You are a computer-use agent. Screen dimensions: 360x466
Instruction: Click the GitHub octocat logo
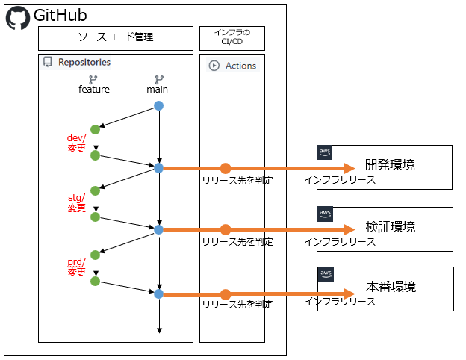[x=18, y=17]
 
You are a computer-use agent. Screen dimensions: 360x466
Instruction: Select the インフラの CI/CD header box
[x=232, y=37]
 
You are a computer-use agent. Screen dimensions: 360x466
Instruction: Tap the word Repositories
[x=84, y=63]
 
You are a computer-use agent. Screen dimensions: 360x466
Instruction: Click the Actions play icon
[x=214, y=66]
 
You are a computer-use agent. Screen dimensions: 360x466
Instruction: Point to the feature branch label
[x=94, y=90]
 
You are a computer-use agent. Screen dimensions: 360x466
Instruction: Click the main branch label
[x=158, y=90]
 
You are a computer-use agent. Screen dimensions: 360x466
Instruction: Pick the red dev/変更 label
[x=77, y=143]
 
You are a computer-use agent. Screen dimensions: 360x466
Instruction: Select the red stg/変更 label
[x=77, y=202]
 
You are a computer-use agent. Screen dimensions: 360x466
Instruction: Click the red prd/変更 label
[x=77, y=267]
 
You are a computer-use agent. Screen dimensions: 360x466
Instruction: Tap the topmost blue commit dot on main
[x=158, y=105]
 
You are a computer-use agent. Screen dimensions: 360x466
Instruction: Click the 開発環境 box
[x=385, y=166]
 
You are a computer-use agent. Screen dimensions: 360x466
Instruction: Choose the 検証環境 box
[x=385, y=227]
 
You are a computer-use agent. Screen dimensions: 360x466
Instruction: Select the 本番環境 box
[x=385, y=288]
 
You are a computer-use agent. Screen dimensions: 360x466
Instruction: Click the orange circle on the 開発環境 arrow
[x=226, y=168]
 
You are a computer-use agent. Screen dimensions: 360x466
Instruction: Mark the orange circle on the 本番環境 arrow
[x=226, y=294]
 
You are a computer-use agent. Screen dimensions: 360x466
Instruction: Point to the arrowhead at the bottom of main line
[x=159, y=330]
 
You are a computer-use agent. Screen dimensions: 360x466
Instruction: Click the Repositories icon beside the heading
[x=47, y=63]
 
